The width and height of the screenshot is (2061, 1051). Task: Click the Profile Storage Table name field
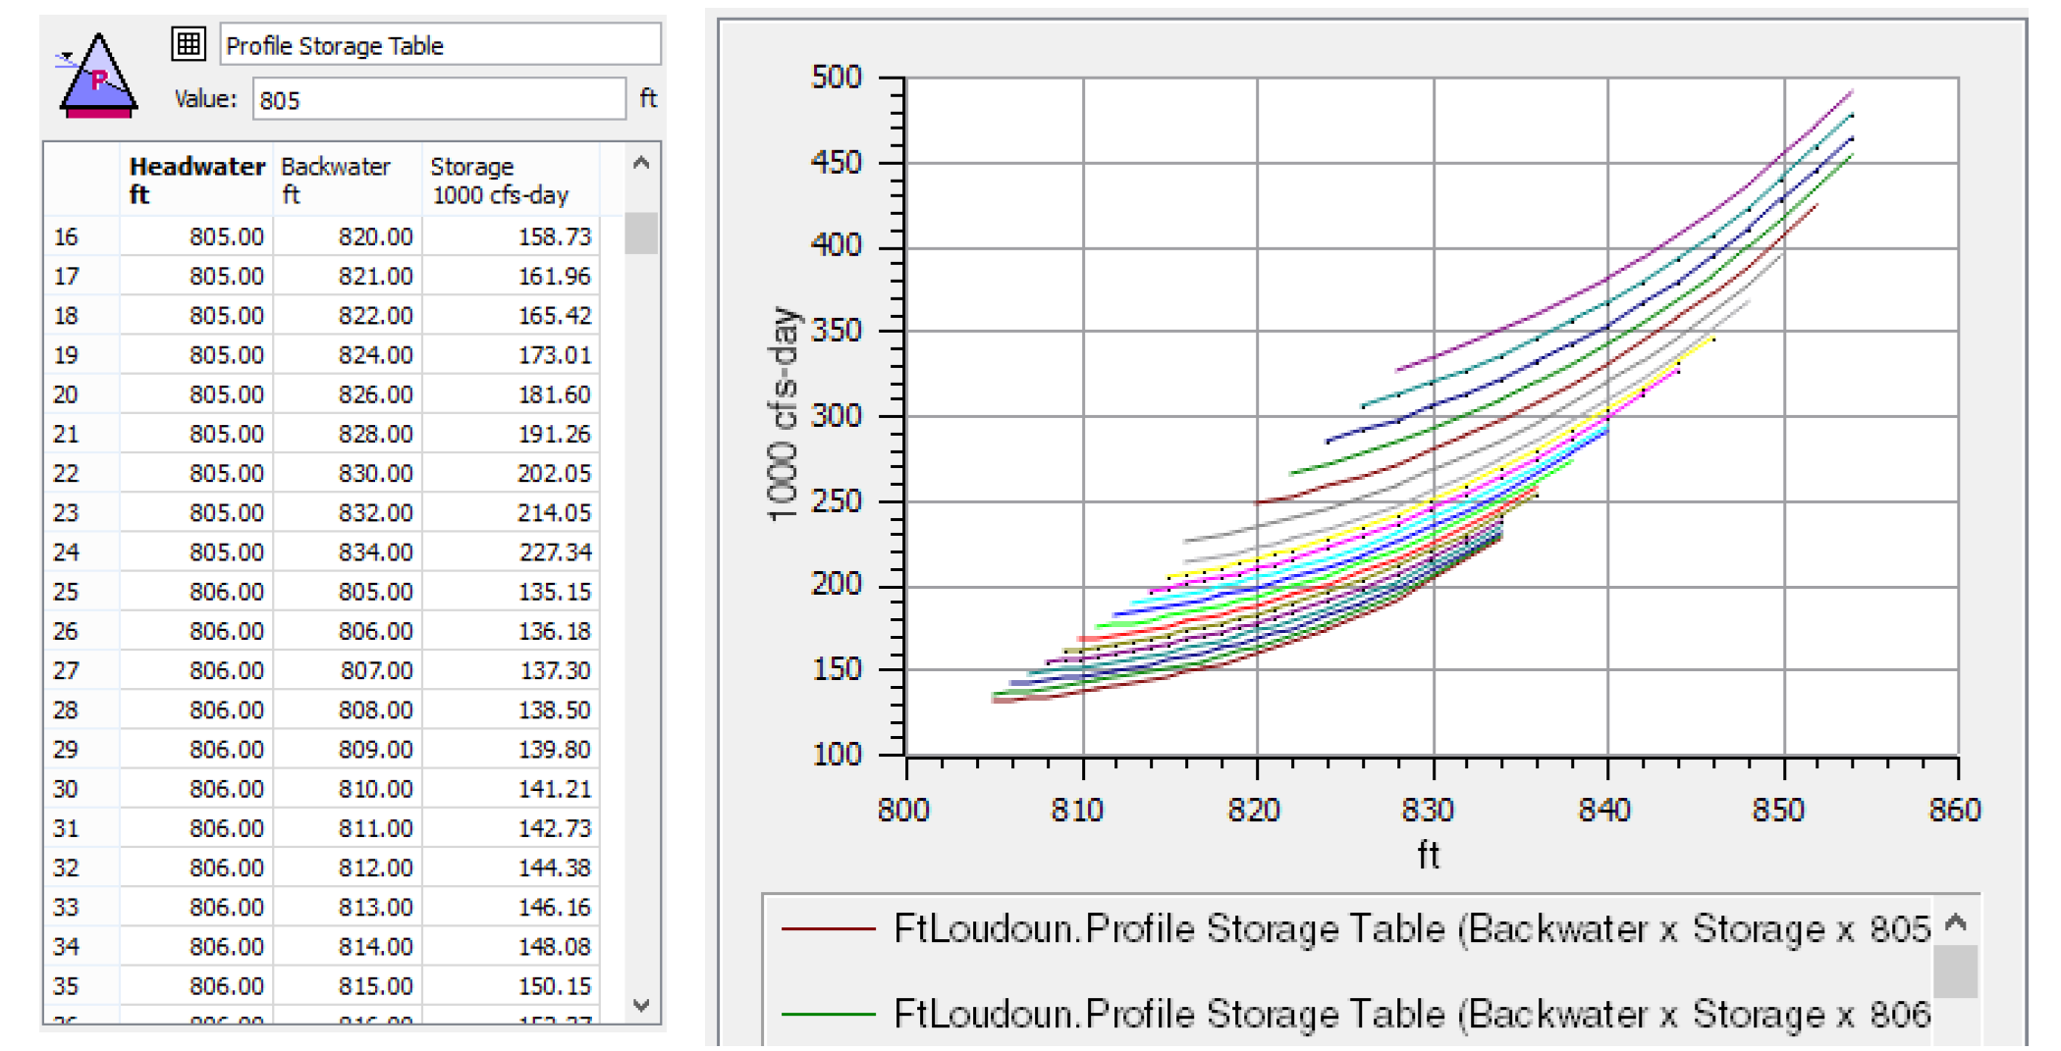coord(439,45)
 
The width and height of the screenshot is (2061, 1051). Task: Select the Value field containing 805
coord(438,100)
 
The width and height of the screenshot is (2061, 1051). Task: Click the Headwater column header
coord(196,180)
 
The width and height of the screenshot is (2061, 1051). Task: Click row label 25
coord(66,592)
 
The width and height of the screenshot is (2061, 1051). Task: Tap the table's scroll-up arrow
coord(641,163)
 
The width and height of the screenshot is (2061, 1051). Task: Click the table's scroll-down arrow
coord(641,1005)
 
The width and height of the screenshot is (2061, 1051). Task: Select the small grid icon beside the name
coord(188,43)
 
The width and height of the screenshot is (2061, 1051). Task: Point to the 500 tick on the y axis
coord(837,77)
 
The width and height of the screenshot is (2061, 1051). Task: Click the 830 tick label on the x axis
coord(1428,810)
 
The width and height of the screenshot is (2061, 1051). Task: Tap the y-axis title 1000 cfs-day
coord(783,413)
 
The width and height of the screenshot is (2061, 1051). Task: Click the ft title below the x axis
coord(1428,855)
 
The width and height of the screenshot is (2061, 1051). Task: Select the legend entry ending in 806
coord(1355,1014)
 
